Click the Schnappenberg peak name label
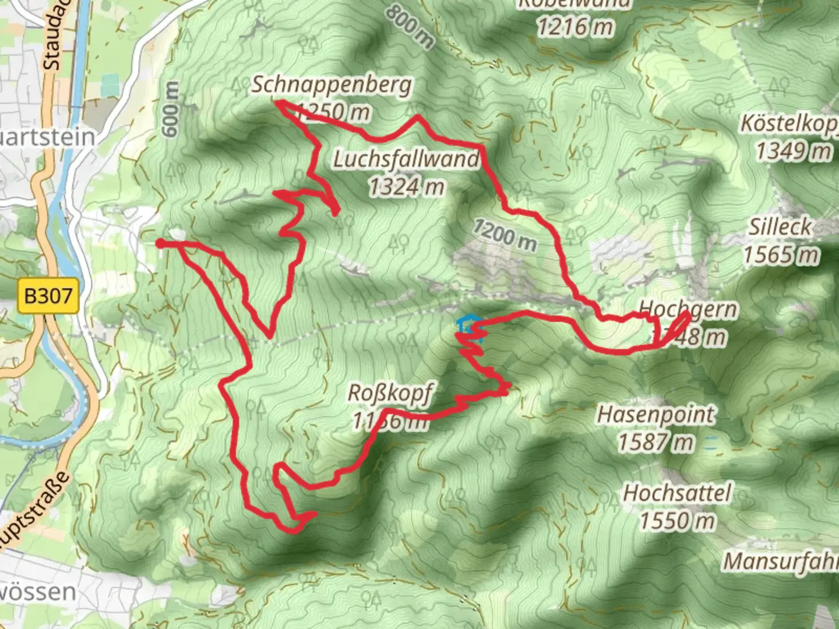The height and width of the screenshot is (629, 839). [332, 85]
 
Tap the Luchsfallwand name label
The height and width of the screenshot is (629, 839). [406, 158]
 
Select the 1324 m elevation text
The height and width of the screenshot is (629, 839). [406, 186]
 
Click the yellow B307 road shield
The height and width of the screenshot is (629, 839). [48, 296]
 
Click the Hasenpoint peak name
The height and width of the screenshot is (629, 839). [655, 415]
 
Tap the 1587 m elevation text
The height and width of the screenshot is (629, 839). [655, 443]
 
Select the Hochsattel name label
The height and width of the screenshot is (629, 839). [677, 493]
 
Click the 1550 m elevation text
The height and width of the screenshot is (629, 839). [677, 520]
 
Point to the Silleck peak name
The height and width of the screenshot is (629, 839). [780, 227]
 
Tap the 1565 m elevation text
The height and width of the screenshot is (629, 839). [781, 254]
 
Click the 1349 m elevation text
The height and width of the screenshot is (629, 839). [793, 151]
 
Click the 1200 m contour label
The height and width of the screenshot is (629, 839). [504, 234]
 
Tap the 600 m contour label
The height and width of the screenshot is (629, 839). [170, 109]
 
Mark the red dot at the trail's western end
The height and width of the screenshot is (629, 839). [160, 243]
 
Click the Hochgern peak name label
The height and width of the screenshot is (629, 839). [688, 309]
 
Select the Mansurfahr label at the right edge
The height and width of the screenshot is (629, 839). [781, 561]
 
